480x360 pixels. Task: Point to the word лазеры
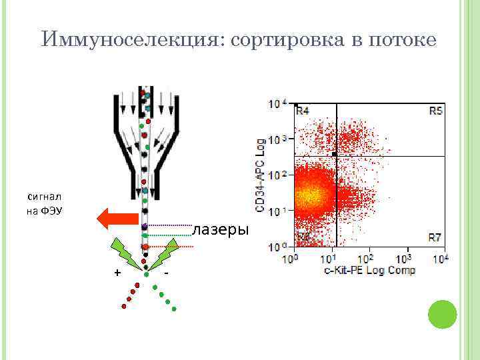click(x=220, y=231)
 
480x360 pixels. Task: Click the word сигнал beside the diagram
click(x=45, y=197)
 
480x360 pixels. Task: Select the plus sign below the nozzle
click(x=117, y=273)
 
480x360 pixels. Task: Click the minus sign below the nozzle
click(x=166, y=273)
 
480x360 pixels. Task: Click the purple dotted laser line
click(x=169, y=225)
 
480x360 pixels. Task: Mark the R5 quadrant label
click(x=435, y=111)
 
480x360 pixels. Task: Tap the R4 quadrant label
click(x=303, y=111)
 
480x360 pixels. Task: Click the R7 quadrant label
click(x=435, y=237)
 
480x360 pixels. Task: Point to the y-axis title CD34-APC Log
click(x=261, y=177)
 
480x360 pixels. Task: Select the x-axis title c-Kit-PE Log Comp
click(x=369, y=270)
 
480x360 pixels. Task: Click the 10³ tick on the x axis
click(x=405, y=259)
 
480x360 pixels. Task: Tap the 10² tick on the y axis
click(x=277, y=175)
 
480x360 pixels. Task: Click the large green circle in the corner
click(x=441, y=314)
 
